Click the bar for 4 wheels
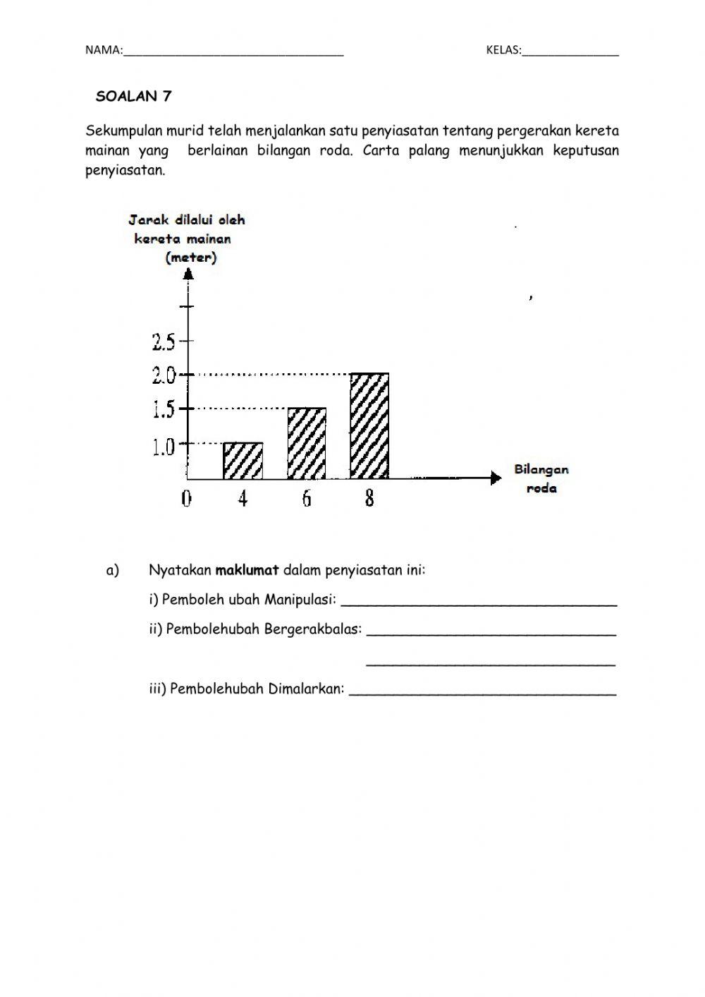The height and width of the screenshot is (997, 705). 243,461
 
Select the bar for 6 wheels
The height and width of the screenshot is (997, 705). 307,443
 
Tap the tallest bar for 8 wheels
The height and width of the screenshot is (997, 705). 369,425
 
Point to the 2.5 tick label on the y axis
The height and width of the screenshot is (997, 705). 164,342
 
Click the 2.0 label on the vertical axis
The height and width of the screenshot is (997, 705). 164,375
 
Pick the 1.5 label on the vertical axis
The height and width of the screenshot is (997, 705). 164,410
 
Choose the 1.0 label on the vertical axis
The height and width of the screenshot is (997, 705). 164,447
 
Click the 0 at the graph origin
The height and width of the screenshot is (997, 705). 186,499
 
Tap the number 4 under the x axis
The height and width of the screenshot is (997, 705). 243,499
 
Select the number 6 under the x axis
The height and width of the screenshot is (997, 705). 307,499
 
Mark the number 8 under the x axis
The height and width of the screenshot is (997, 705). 369,499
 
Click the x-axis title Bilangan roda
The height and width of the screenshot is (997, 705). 541,478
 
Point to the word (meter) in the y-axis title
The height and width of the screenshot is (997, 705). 191,258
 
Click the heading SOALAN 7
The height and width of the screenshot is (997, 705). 133,97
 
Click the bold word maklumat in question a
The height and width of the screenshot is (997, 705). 247,570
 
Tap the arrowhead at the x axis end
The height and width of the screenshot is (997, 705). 496,478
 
